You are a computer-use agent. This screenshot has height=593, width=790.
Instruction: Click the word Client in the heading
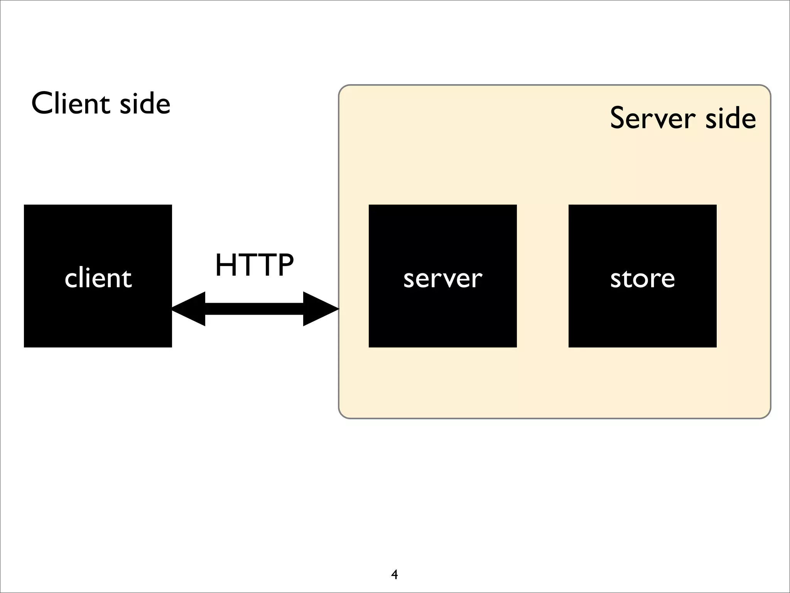71,103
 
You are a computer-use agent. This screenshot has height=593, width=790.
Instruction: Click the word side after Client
145,103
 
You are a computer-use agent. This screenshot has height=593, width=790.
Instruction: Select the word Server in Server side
653,118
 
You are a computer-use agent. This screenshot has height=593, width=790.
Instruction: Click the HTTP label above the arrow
254,265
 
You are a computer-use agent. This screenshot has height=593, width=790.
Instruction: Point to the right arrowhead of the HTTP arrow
321,309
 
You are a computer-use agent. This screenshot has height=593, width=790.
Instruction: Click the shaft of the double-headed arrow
254,309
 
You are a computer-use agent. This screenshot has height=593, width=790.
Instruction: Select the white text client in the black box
98,278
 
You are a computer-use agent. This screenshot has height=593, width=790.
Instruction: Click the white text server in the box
442,278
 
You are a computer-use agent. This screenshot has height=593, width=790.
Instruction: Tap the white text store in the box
642,278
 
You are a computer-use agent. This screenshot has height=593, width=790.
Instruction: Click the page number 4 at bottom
394,574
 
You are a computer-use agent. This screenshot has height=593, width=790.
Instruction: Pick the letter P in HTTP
285,265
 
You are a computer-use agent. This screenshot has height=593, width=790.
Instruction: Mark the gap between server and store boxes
542,276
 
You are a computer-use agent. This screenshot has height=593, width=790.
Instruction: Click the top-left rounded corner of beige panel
343,89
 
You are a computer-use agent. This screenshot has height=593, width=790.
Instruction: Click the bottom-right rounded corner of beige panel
766,414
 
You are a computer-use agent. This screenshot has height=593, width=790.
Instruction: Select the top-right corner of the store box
716,206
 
